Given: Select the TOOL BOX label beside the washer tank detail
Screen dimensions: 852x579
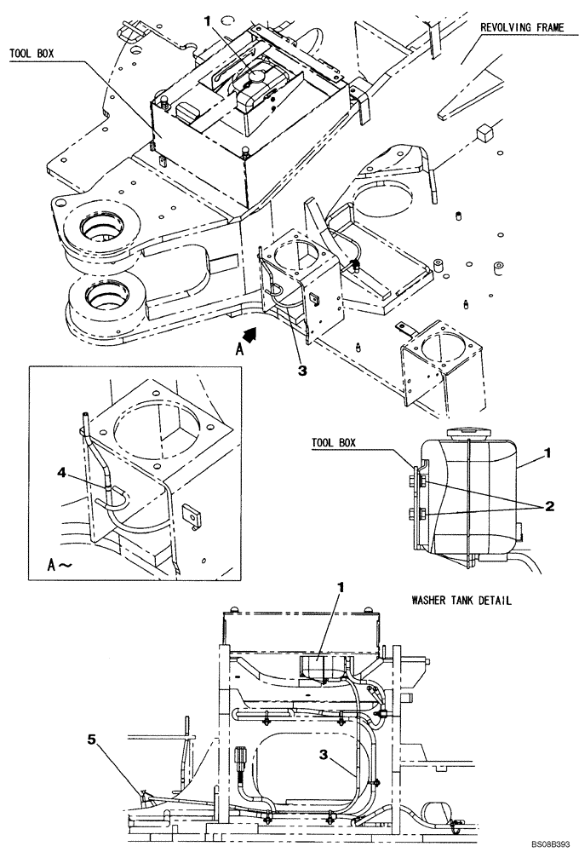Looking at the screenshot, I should (x=332, y=443).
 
